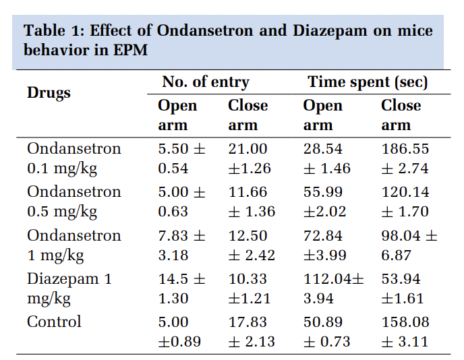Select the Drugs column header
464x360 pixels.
[x=49, y=93]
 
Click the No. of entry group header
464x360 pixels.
[x=205, y=82]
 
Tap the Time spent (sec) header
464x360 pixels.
[x=368, y=82]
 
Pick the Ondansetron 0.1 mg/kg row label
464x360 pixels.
[x=74, y=158]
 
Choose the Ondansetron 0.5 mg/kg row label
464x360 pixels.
[x=74, y=202]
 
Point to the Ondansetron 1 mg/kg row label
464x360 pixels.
[x=74, y=245]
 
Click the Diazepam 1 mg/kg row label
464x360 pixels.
[x=69, y=289]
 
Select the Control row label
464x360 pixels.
[x=54, y=322]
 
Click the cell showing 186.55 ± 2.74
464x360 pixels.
[x=405, y=158]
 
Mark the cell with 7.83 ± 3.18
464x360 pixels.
[x=181, y=245]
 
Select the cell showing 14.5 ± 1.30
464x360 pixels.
[x=181, y=289]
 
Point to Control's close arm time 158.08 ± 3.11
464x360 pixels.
[x=405, y=332]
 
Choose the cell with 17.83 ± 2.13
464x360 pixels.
[x=251, y=332]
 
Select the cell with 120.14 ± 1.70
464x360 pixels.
[x=405, y=202]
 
